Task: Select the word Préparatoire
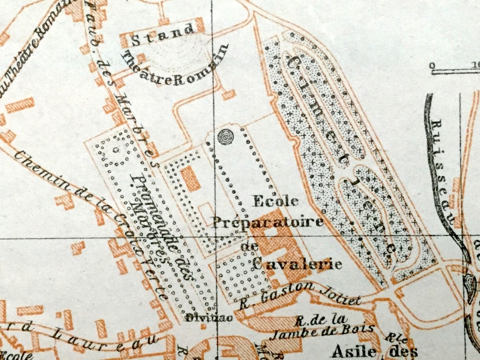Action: pos(268,222)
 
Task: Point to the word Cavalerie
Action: pos(296,264)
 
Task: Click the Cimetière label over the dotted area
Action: pos(339,151)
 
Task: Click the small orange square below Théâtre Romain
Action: pos(228,95)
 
